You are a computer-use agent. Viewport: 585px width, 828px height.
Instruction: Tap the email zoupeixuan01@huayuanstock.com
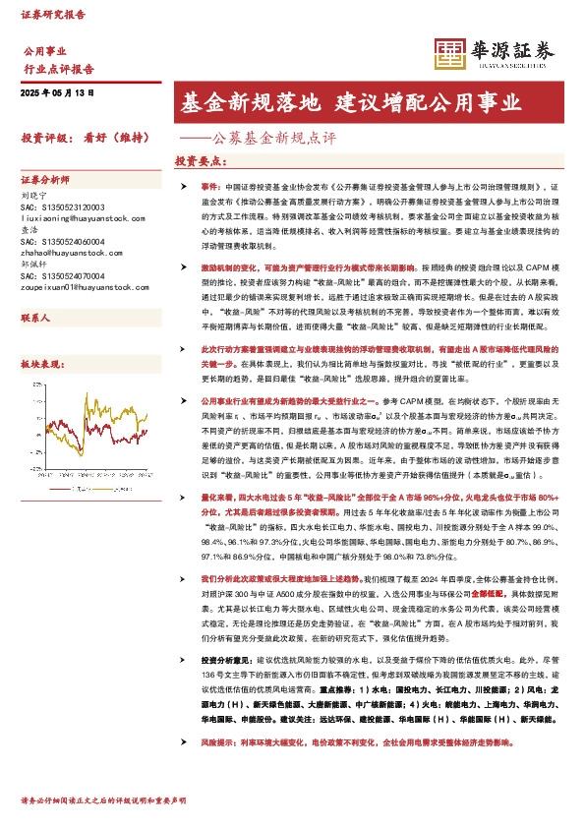point(73,286)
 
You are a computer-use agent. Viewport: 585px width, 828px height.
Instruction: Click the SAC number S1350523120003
point(61,207)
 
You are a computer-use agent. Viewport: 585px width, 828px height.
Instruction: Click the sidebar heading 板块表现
point(41,363)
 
